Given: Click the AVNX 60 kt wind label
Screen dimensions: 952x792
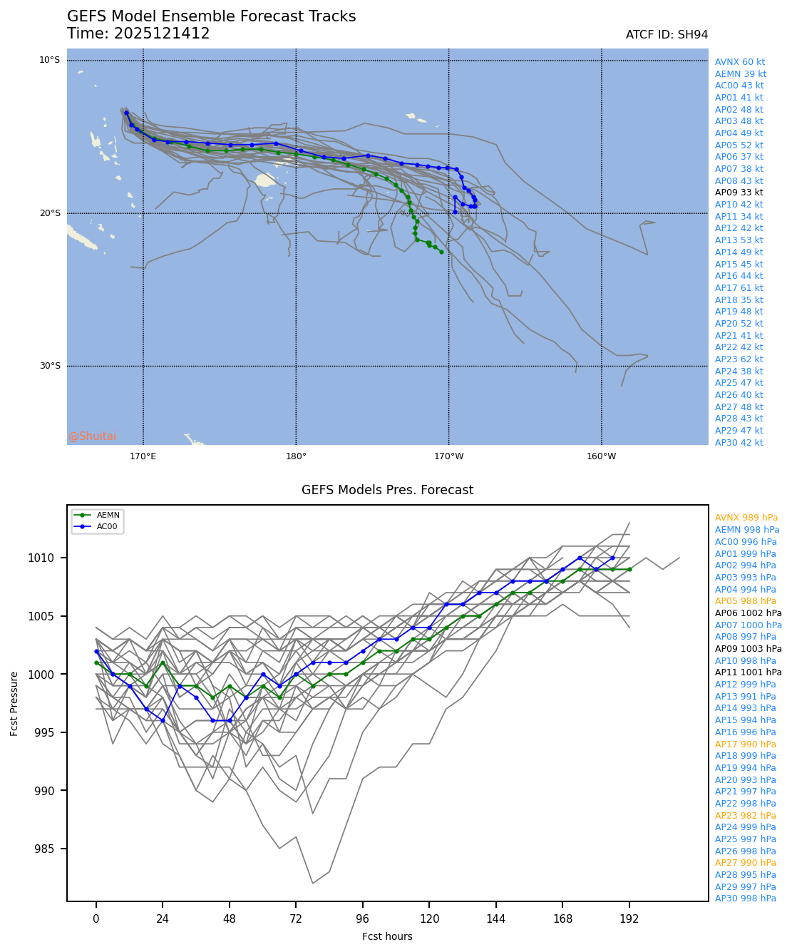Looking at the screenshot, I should coord(739,62).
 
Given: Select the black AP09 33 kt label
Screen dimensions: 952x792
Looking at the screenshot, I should coord(739,193).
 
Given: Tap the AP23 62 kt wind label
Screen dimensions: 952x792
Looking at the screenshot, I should coord(739,359).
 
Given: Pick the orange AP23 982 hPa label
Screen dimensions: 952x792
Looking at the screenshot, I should coord(745,816).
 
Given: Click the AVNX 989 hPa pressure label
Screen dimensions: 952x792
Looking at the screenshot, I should coord(746,518).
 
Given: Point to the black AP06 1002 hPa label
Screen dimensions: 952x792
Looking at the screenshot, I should coord(748,613).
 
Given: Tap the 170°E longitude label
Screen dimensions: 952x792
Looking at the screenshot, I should coord(143,456).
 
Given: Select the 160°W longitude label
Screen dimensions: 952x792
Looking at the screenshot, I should coord(601,456).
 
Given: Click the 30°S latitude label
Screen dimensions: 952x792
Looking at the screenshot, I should coord(50,366).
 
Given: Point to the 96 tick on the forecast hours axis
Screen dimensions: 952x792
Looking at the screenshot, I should coord(363,919).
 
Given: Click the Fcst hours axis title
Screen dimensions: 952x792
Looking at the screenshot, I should coord(387,936).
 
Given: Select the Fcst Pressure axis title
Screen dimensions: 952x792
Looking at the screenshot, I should coord(14,703).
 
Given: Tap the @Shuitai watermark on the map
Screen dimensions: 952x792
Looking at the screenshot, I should coord(93,436).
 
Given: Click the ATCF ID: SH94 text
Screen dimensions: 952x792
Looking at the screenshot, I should coord(667,35).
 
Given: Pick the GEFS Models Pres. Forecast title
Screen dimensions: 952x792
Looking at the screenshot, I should coord(387,490).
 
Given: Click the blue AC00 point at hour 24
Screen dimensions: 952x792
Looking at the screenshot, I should coord(163,720).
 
